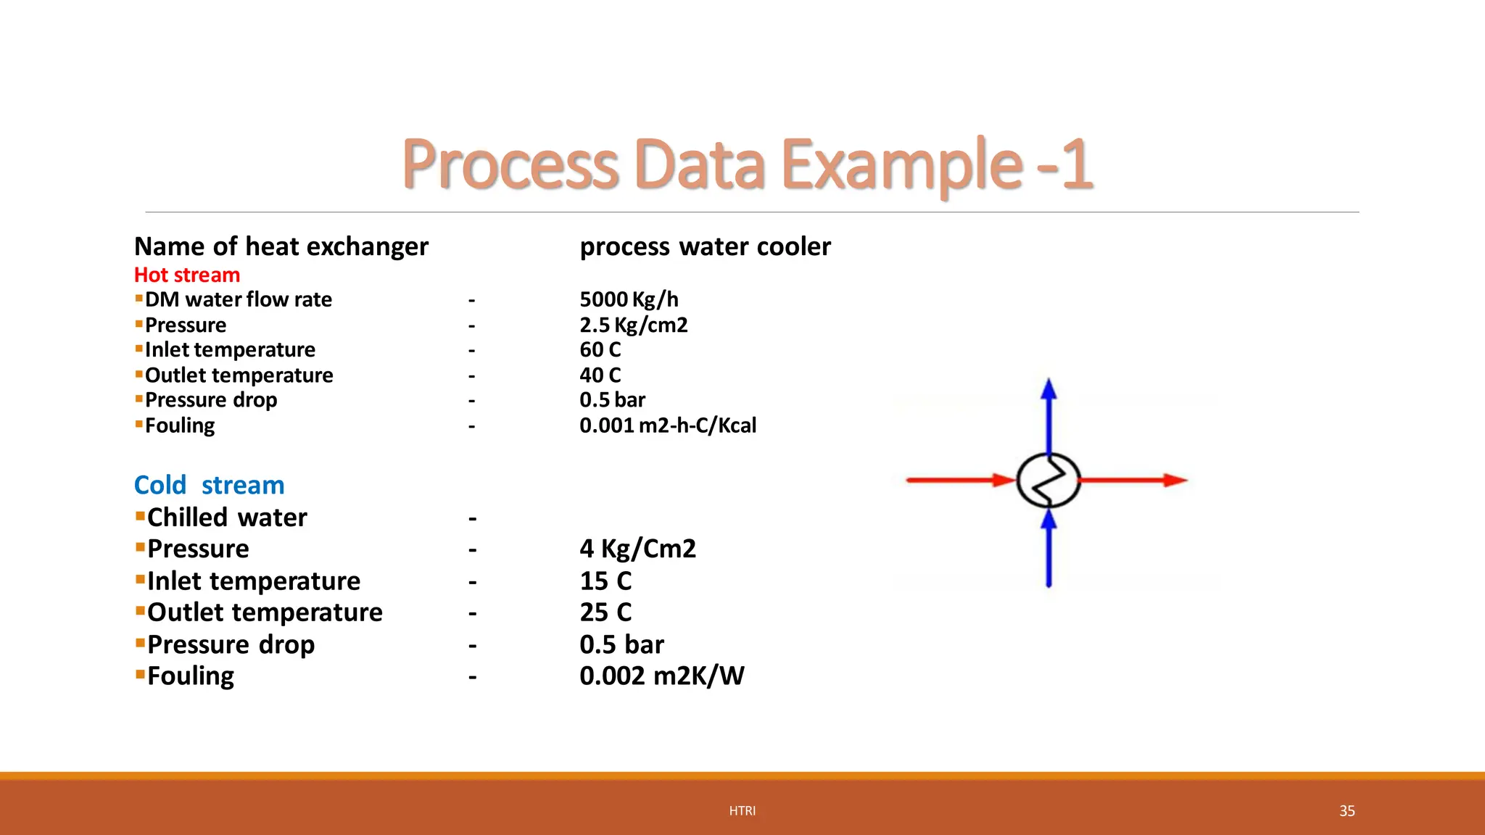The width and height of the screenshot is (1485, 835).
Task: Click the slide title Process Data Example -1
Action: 747,165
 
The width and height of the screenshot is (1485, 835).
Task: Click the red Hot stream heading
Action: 187,275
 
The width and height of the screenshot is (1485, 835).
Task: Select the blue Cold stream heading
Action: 209,485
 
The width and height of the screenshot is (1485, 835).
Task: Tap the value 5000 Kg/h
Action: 629,299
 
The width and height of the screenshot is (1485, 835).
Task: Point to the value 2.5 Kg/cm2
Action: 633,325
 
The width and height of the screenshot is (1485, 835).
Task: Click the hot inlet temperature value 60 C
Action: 600,350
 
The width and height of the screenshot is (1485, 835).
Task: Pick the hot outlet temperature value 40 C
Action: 600,375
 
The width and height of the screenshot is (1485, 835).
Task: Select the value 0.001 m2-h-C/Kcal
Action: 667,425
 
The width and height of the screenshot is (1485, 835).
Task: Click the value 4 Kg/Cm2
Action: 637,549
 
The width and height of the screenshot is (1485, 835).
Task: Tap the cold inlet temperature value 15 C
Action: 605,581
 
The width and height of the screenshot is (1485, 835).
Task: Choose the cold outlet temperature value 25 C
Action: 605,612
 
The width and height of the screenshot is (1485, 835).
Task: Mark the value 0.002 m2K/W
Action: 661,676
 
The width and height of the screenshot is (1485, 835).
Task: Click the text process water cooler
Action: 705,247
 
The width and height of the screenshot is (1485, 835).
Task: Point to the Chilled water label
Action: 227,518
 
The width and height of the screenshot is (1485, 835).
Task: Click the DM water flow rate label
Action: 238,299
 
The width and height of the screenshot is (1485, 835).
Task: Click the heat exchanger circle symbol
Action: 1048,480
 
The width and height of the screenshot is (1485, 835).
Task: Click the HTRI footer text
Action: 742,811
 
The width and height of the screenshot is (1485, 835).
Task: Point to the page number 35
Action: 1347,811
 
